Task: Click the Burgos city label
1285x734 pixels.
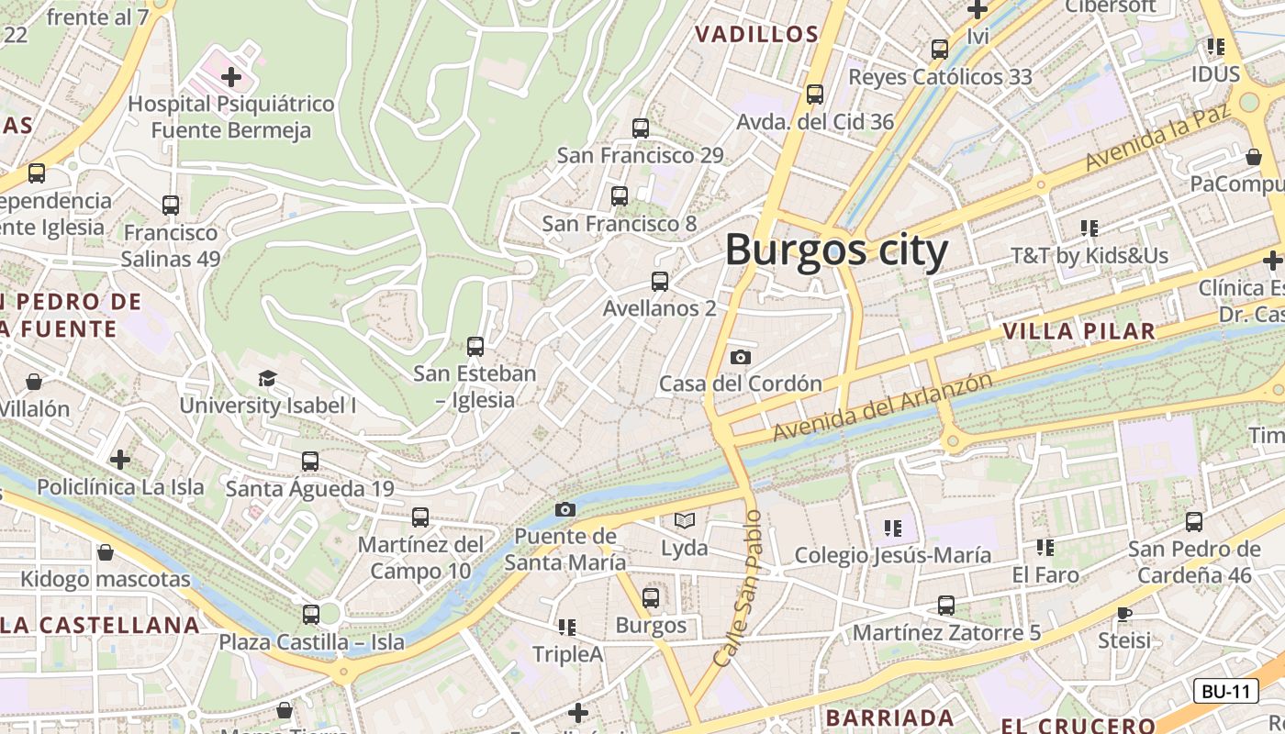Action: tap(836, 250)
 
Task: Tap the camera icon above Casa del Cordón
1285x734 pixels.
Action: tap(741, 357)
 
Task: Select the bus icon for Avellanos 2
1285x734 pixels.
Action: tap(659, 282)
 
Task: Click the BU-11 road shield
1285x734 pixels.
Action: tap(1225, 691)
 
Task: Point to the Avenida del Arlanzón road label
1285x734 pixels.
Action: tap(882, 406)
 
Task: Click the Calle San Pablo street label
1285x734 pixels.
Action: tap(738, 587)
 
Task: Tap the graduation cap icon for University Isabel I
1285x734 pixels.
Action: tap(267, 378)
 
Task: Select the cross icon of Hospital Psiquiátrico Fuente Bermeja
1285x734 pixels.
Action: tap(231, 76)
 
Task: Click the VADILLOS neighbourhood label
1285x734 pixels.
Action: tap(756, 35)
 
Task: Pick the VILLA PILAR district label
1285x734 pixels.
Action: tap(1078, 331)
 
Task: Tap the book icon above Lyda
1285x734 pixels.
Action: tap(685, 521)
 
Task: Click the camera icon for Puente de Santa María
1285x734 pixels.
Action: tap(565, 509)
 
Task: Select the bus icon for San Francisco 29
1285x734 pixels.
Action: tap(641, 128)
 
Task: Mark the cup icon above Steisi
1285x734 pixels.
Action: tap(1124, 613)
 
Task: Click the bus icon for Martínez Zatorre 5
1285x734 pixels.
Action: tap(946, 606)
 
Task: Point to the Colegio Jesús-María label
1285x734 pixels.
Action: tap(892, 555)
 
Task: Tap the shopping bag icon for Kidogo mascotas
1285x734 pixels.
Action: tap(106, 552)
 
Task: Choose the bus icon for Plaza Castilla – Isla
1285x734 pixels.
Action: tap(311, 615)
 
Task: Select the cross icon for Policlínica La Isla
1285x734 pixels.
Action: tap(120, 460)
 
